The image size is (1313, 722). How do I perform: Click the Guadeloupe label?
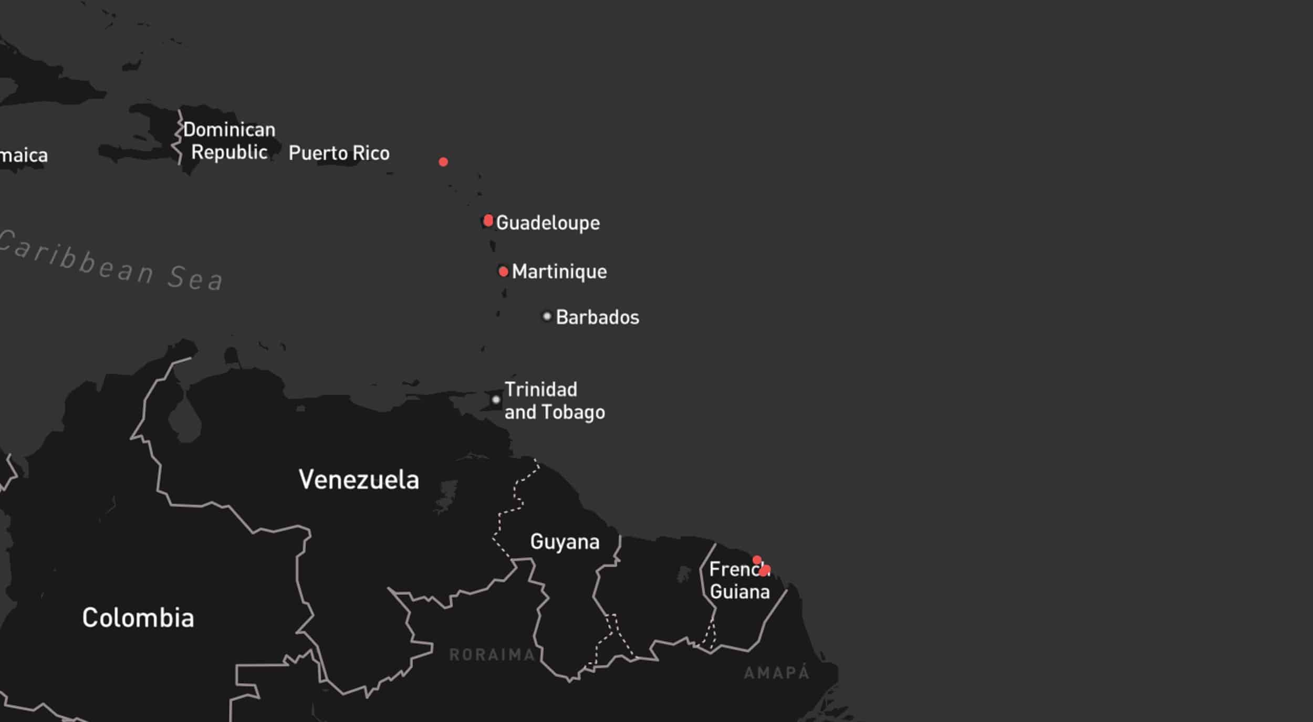[547, 223]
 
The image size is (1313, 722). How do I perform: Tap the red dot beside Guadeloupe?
[488, 220]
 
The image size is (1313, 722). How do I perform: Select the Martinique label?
[559, 271]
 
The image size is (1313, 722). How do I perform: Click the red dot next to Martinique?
[503, 271]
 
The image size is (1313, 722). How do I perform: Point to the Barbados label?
[597, 317]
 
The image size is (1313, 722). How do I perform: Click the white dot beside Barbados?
[547, 317]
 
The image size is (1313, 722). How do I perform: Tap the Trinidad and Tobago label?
[554, 401]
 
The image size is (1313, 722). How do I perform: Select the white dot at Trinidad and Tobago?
[496, 400]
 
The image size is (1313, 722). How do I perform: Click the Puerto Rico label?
[339, 153]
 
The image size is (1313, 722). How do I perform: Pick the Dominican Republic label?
[230, 141]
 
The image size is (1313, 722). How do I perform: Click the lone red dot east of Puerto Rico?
[443, 162]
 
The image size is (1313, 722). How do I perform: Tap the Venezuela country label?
[359, 479]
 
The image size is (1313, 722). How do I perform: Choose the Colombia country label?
[138, 618]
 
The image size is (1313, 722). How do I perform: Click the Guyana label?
[565, 541]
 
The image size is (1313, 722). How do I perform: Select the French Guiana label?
[739, 580]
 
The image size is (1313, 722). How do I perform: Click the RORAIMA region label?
[492, 655]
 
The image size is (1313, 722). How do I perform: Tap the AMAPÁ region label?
[777, 673]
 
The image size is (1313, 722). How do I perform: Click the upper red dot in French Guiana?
[757, 560]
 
